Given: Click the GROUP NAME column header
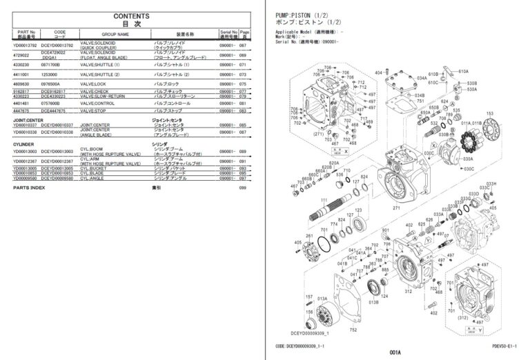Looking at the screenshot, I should (114, 33).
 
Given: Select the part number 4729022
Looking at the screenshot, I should (23, 54).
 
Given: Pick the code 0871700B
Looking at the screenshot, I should (52, 64).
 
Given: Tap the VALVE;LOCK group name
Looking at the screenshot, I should (95, 83).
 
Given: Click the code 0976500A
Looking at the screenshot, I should (52, 83).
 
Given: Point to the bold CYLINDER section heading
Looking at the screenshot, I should (23, 143).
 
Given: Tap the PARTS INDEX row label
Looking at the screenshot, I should (28, 188).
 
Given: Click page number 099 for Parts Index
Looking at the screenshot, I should (242, 188).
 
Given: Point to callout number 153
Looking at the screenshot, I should (491, 112).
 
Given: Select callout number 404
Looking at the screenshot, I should (378, 72).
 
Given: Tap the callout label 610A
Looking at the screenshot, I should (463, 71).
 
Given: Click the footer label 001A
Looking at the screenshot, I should (395, 352).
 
